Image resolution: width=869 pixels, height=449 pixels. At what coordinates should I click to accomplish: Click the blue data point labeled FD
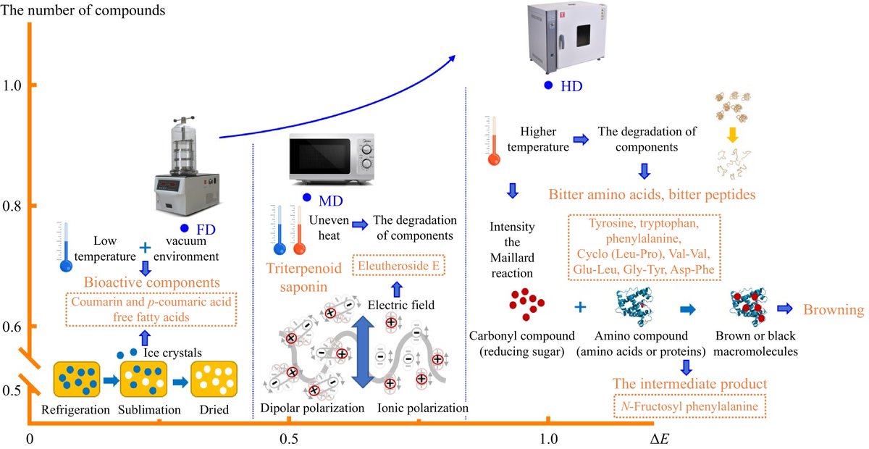point(185,228)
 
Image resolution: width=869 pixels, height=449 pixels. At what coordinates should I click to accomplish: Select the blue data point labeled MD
point(306,198)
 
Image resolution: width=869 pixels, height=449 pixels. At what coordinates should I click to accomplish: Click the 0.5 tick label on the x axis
point(288,440)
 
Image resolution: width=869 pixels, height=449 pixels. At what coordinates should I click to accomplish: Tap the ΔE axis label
point(659,439)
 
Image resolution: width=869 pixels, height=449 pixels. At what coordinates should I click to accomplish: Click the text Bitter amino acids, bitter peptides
point(652,195)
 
